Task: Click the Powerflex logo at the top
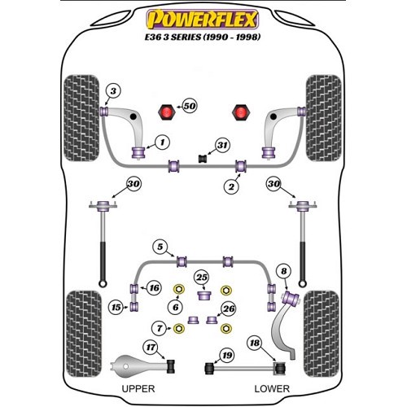click(x=203, y=19)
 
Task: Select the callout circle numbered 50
click(x=189, y=106)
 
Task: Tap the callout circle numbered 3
click(x=113, y=90)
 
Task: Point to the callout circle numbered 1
click(x=162, y=142)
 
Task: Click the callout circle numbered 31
click(x=222, y=145)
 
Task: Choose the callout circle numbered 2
click(x=231, y=186)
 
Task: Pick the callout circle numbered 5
click(x=160, y=247)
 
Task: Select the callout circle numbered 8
click(x=283, y=271)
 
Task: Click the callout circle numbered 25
click(x=202, y=278)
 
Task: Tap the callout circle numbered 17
click(x=151, y=348)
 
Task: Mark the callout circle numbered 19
click(x=227, y=355)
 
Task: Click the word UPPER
click(x=138, y=389)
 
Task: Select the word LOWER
click(x=272, y=389)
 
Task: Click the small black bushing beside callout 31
click(x=203, y=159)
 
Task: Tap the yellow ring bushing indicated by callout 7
click(x=179, y=329)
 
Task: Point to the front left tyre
click(x=81, y=118)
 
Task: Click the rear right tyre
click(x=322, y=334)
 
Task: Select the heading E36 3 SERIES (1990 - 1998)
click(x=203, y=37)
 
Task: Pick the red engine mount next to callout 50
click(x=166, y=112)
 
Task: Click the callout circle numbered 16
click(x=154, y=287)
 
